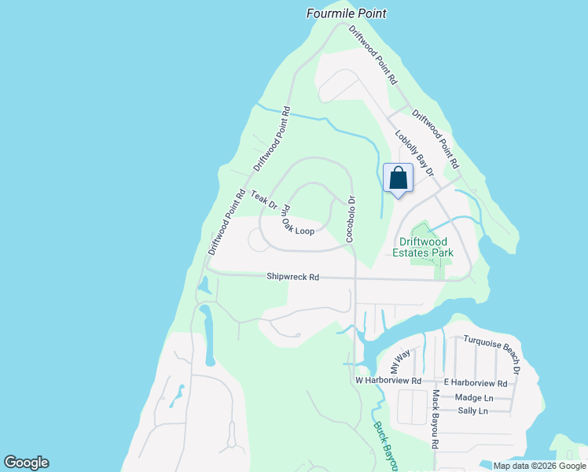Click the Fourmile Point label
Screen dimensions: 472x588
click(346, 13)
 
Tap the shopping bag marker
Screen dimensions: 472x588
click(398, 179)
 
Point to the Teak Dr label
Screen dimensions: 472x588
click(265, 201)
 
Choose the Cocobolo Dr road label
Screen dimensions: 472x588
click(351, 218)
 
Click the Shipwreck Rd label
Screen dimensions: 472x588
click(292, 277)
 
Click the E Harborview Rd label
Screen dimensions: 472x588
click(476, 383)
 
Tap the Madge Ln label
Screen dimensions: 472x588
click(472, 397)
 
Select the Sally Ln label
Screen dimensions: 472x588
click(472, 411)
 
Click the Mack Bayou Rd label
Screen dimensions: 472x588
click(435, 419)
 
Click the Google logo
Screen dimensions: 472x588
click(26, 463)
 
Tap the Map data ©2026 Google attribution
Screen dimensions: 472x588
click(540, 466)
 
